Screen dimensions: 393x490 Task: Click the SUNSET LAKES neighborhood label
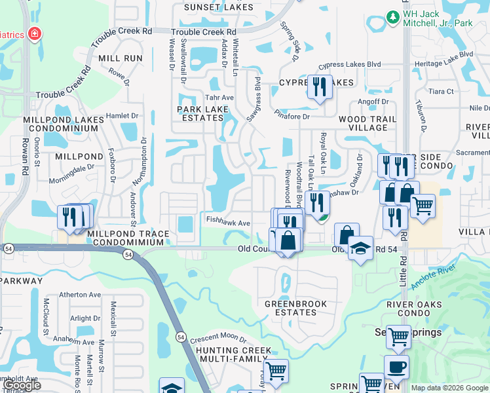(209, 7)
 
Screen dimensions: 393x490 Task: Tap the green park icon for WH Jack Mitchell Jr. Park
(392, 16)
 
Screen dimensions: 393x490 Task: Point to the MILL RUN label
(121, 58)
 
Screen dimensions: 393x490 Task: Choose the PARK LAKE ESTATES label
(200, 113)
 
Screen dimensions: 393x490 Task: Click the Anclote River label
(433, 277)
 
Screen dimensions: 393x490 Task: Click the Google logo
(22, 385)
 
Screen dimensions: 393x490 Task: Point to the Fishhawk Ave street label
(229, 223)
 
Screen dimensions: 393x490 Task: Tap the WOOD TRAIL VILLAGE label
(367, 123)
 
